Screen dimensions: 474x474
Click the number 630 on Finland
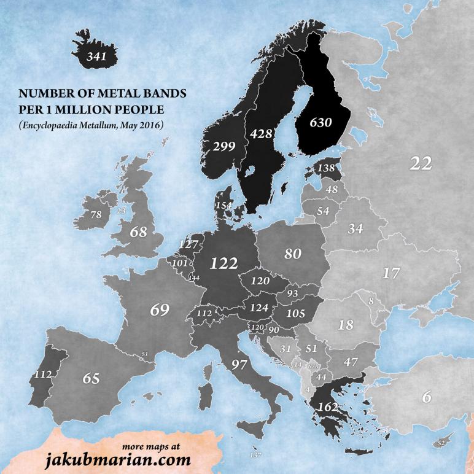[320, 122]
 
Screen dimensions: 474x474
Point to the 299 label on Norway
[224, 146]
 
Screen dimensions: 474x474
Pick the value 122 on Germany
[223, 263]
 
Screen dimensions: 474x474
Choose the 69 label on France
[160, 309]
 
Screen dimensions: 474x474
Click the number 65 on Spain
[91, 378]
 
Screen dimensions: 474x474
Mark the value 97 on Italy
[239, 365]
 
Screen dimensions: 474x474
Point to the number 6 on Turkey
[427, 397]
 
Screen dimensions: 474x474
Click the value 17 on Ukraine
[391, 273]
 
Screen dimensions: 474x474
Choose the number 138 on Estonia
[326, 167]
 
